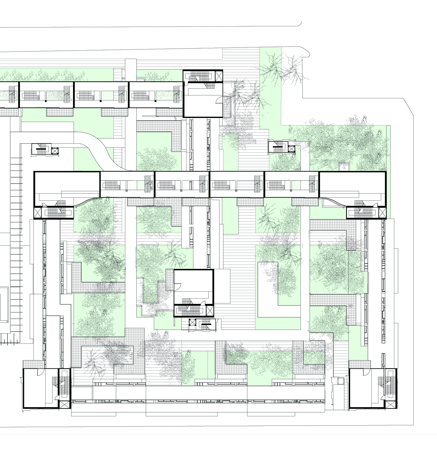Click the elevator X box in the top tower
coord(219,76)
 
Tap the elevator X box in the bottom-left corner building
coord(64,404)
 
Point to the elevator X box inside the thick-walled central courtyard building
coord(210,311)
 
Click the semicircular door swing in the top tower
coord(219,100)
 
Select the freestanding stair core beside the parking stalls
coord(45,149)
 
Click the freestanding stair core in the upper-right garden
coord(281,147)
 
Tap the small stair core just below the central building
coord(202,324)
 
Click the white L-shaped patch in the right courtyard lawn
coord(267,289)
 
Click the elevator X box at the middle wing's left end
coord(38,213)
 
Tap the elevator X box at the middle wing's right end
coord(382,213)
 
